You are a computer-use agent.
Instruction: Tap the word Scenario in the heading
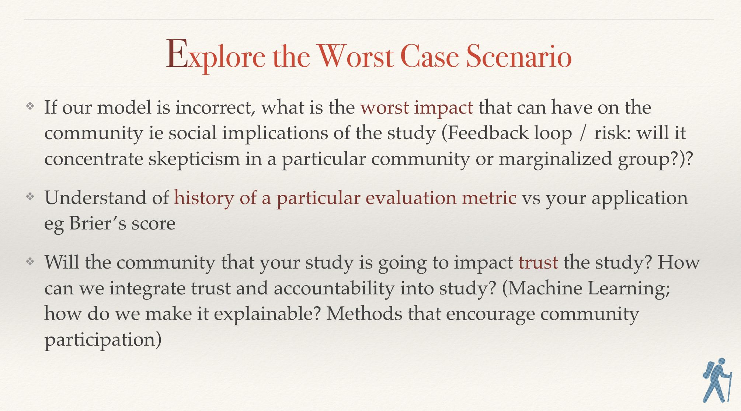point(519,56)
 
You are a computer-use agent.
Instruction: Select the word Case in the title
point(429,56)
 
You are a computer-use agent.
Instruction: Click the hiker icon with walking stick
point(717,380)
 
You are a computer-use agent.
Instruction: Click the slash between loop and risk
point(582,134)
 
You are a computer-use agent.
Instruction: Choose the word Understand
point(95,198)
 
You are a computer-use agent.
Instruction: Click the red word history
point(204,198)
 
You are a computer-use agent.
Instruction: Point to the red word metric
point(489,198)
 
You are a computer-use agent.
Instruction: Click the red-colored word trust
point(538,263)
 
